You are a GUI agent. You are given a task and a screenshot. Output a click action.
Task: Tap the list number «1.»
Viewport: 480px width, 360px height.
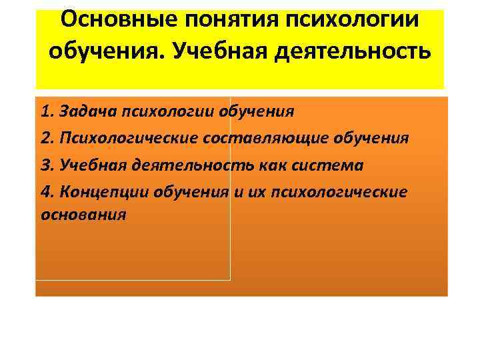(47, 111)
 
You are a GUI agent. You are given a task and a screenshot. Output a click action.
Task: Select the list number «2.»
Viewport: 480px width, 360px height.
(47, 137)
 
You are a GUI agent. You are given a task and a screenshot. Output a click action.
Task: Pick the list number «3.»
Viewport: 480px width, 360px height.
(47, 165)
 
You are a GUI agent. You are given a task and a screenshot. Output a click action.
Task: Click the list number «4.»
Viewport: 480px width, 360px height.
(47, 192)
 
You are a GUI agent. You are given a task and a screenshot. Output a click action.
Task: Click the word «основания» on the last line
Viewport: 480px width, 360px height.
(83, 216)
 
